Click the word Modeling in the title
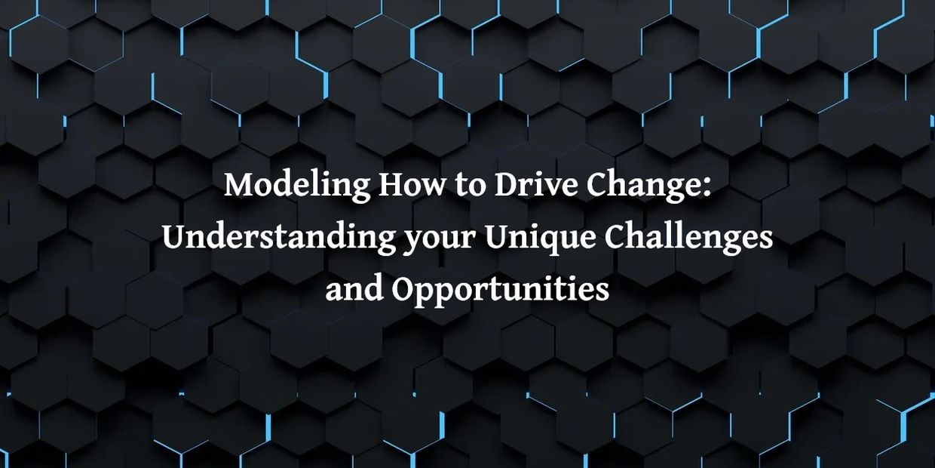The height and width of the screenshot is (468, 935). click(x=297, y=186)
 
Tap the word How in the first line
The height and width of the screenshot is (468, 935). click(x=412, y=185)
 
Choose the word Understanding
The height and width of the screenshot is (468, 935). click(x=278, y=239)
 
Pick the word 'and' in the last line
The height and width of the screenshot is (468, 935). click(x=354, y=289)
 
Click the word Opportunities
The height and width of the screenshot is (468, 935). click(x=501, y=291)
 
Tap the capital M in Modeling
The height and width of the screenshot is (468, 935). click(x=239, y=185)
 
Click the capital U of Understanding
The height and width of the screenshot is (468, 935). click(x=177, y=238)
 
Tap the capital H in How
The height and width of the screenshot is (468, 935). click(x=392, y=185)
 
